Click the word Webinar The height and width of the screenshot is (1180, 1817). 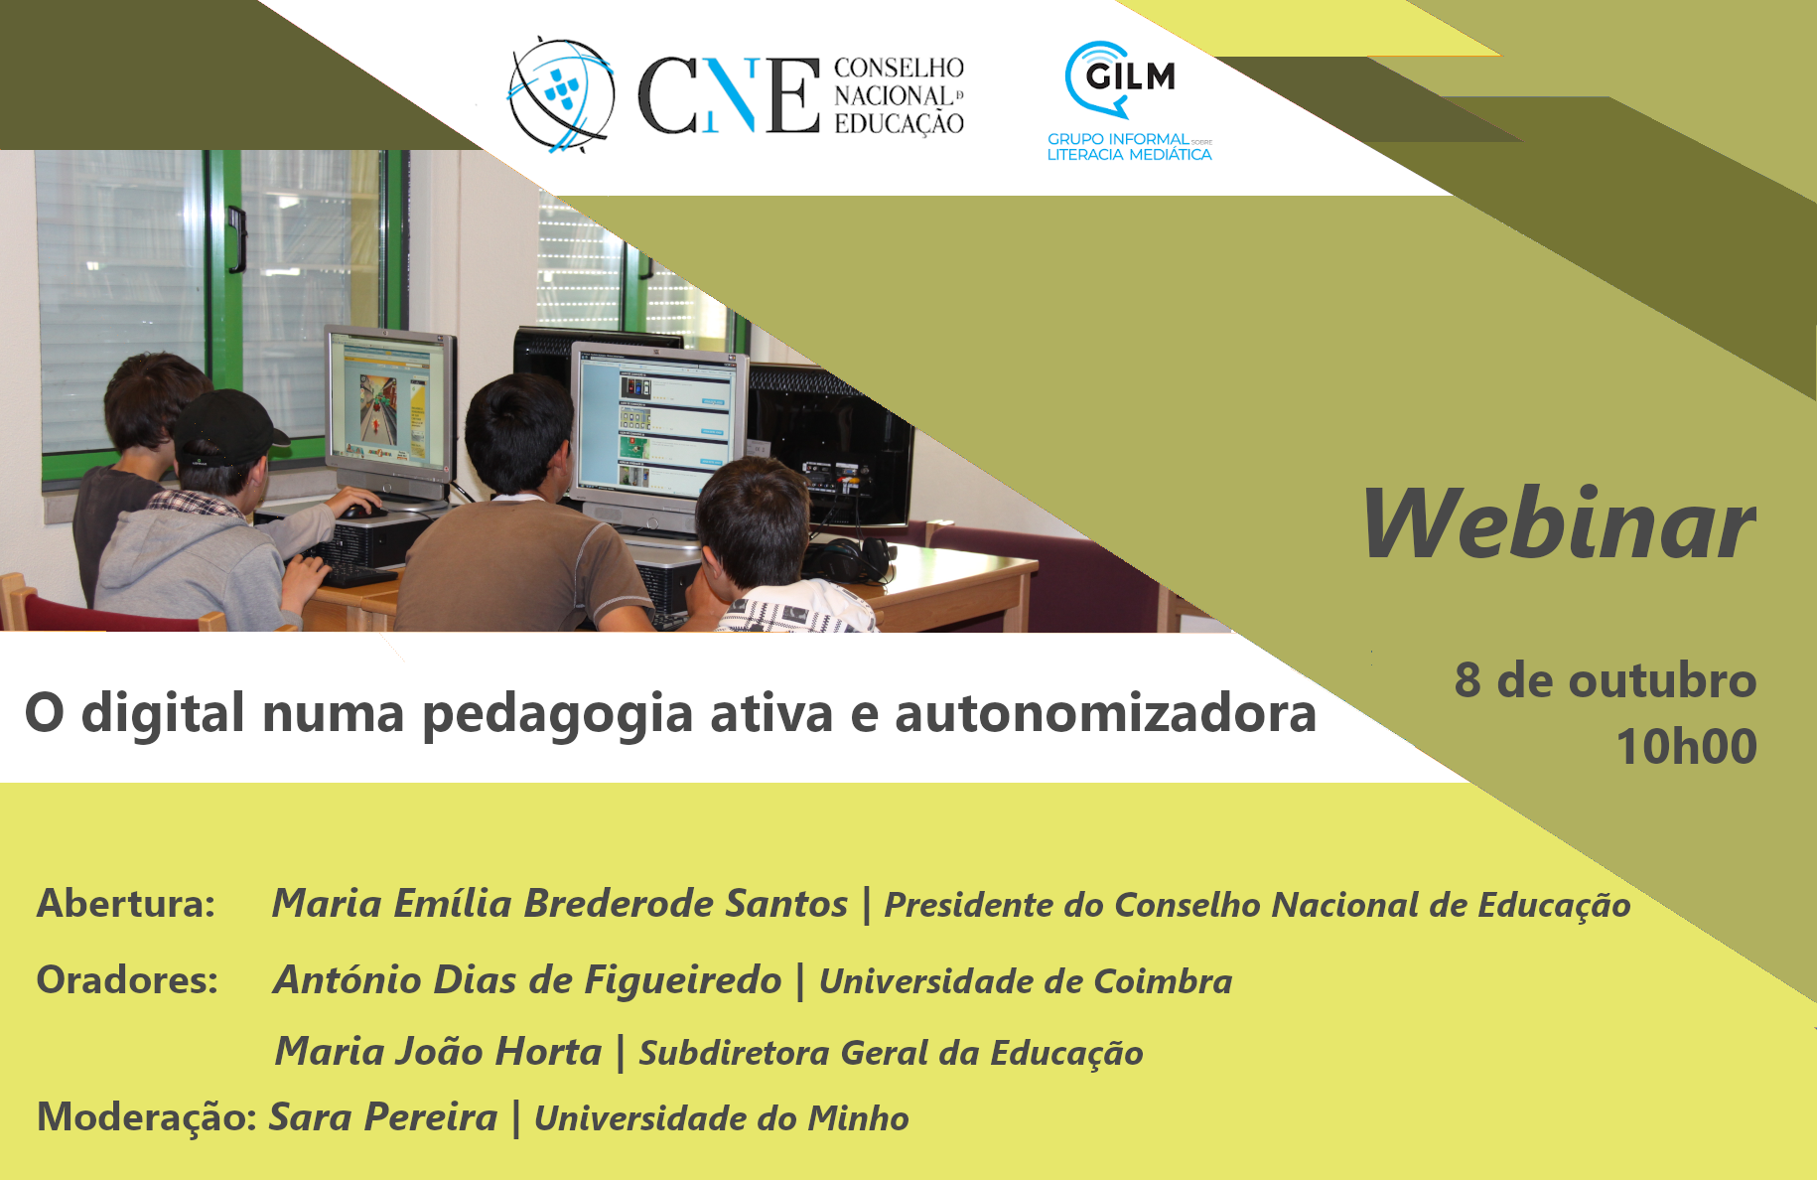pyautogui.click(x=1559, y=523)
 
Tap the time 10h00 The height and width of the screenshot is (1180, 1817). pyautogui.click(x=1686, y=746)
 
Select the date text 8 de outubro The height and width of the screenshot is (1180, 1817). pyautogui.click(x=1606, y=680)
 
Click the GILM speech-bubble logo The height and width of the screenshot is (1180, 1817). pyautogui.click(x=1120, y=78)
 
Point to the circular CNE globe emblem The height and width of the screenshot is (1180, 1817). pyautogui.click(x=561, y=94)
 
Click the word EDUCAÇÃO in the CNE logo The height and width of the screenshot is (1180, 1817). pyautogui.click(x=899, y=124)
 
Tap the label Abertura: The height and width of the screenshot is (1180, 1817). pyautogui.click(x=126, y=903)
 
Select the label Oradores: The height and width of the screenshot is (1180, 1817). pyautogui.click(x=127, y=979)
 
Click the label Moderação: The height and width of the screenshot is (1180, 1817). pyautogui.click(x=147, y=1116)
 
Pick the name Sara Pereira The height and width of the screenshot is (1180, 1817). pyautogui.click(x=383, y=1116)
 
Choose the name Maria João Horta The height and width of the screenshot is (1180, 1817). pyautogui.click(x=438, y=1051)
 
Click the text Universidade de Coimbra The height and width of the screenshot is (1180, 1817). pyautogui.click(x=1026, y=981)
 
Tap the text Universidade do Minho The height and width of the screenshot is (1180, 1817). pyautogui.click(x=722, y=1118)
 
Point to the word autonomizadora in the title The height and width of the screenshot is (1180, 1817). pyautogui.click(x=1106, y=712)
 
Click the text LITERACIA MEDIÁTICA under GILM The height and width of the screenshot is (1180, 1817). pyautogui.click(x=1129, y=155)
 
